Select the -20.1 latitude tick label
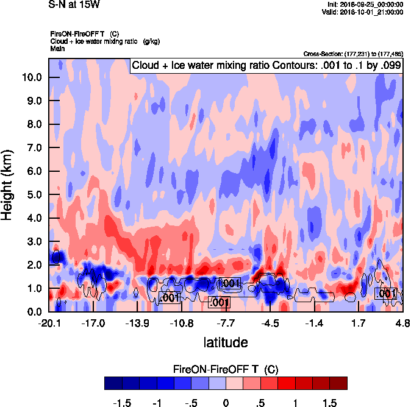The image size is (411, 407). point(49,323)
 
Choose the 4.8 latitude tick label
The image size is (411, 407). point(402,323)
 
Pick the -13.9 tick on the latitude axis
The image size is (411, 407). point(137,323)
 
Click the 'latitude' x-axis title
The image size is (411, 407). point(226,342)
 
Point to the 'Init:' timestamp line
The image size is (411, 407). point(365,5)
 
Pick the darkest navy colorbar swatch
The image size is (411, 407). point(113,383)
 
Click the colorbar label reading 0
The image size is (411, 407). point(226,403)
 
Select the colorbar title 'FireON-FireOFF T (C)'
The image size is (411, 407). point(226,369)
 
